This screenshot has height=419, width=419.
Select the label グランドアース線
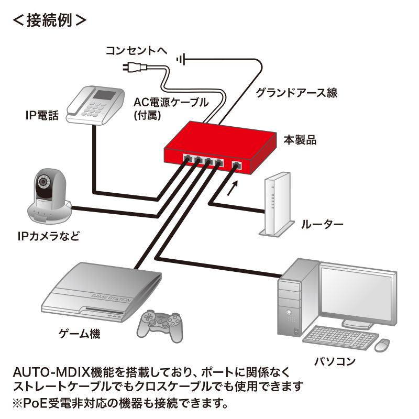296,93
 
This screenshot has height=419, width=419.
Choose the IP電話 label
42,115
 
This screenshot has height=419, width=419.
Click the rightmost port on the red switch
236,166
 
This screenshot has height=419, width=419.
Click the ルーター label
322,226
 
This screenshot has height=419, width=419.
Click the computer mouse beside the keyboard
383,344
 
